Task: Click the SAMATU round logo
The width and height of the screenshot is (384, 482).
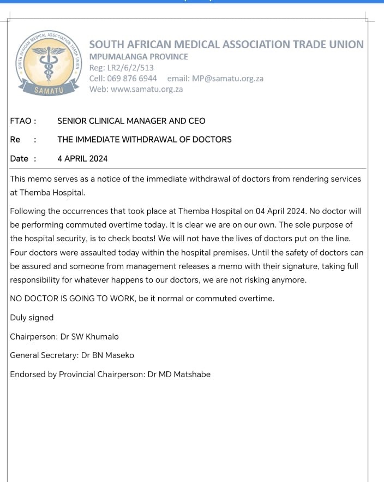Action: (49, 61)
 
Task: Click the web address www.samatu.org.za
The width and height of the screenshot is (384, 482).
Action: (147, 89)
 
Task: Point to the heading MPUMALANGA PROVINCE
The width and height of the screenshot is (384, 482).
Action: (139, 57)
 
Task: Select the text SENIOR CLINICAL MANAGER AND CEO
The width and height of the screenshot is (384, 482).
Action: (131, 121)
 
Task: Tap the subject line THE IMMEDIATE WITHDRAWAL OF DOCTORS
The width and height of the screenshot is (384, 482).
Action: (145, 139)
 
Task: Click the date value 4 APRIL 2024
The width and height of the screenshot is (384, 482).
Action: (82, 158)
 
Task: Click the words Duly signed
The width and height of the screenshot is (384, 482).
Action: (32, 317)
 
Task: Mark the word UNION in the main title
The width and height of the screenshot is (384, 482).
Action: (344, 44)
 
